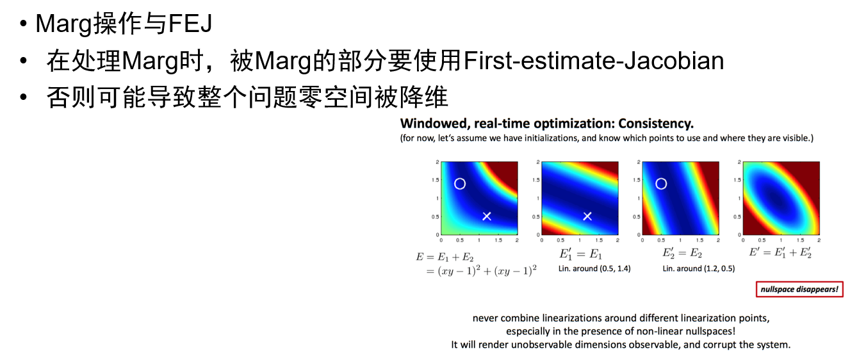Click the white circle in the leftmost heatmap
coord(460,179)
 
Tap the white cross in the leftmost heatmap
coord(487,217)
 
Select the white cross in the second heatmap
coord(587,217)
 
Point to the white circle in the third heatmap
coord(661,179)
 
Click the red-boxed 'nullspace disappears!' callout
coord(799,290)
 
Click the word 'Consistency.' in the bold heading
coord(656,124)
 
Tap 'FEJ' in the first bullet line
coord(190,24)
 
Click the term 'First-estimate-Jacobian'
coord(594,61)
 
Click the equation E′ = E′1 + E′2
coord(780,252)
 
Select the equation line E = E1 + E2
coord(445,258)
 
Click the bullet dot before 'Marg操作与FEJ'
coord(24,24)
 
